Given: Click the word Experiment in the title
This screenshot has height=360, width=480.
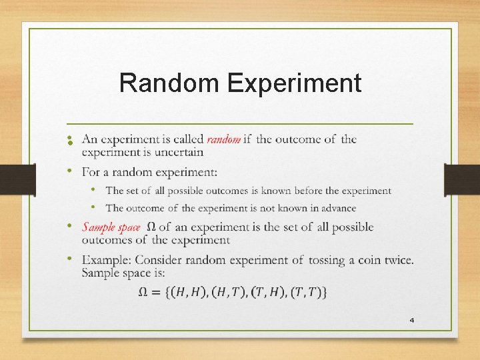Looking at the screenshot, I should click(294, 84).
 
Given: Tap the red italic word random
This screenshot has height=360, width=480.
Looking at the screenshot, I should click(223, 139).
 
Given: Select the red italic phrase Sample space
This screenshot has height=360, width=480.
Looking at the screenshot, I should click(111, 227).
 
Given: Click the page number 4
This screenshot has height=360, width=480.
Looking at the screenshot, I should click(411, 321).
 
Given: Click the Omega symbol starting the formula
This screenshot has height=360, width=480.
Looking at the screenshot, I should click(143, 292).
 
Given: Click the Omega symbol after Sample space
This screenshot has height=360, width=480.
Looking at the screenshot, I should click(151, 227).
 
